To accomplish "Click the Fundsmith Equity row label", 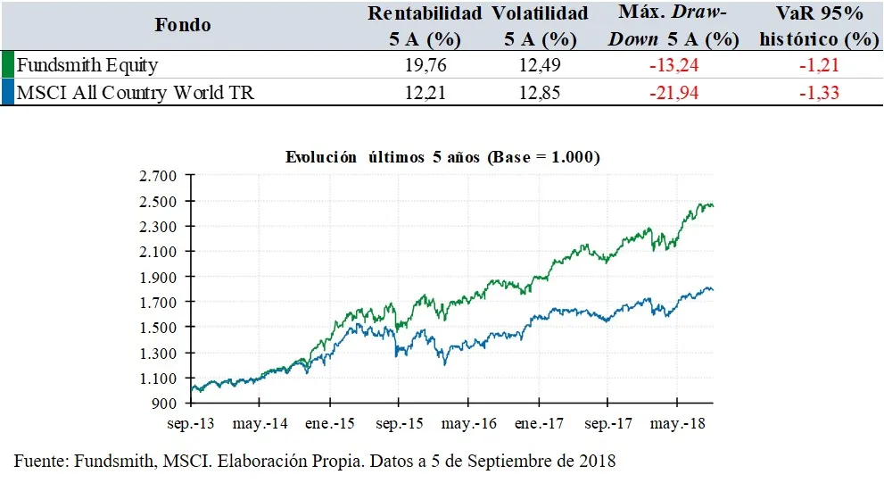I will (x=87, y=65).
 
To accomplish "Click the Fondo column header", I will (x=183, y=25).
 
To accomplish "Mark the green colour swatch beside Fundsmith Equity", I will (x=7, y=65).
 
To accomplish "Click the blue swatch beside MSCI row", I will (x=7, y=93).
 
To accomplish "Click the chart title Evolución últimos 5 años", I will (x=442, y=157).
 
